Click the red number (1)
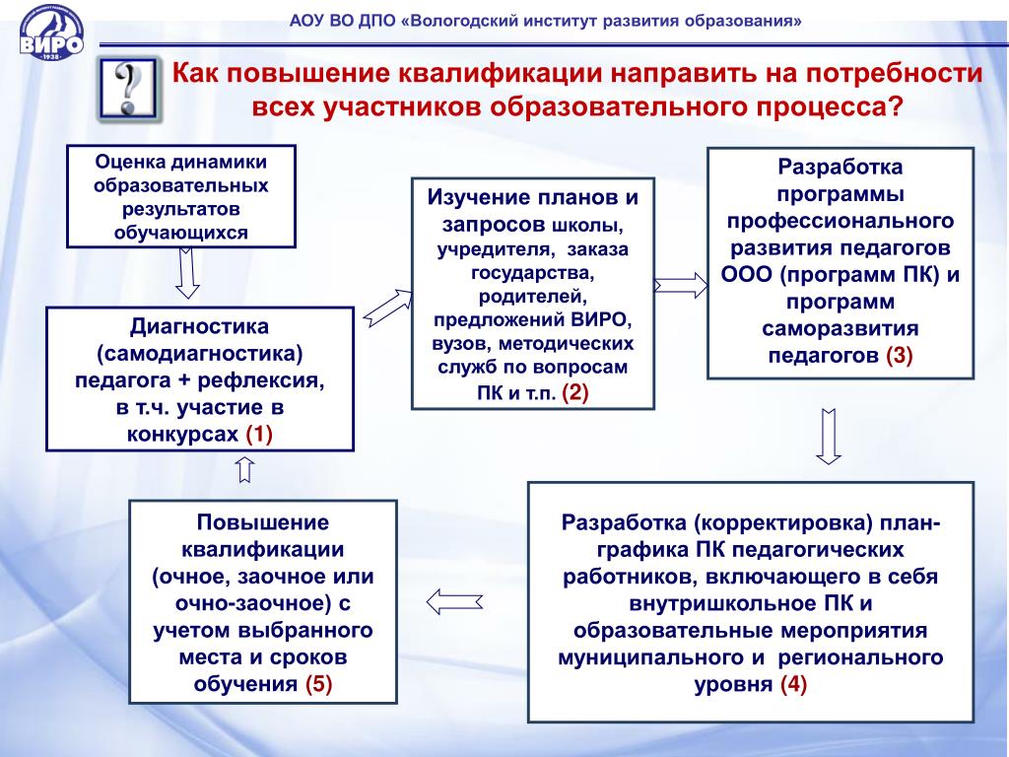coord(259,434)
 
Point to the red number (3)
coord(900,356)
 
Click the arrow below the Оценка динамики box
coord(187,272)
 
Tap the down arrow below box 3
coord(828,438)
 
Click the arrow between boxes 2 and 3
coord(681,286)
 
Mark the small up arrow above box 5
coord(245,470)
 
